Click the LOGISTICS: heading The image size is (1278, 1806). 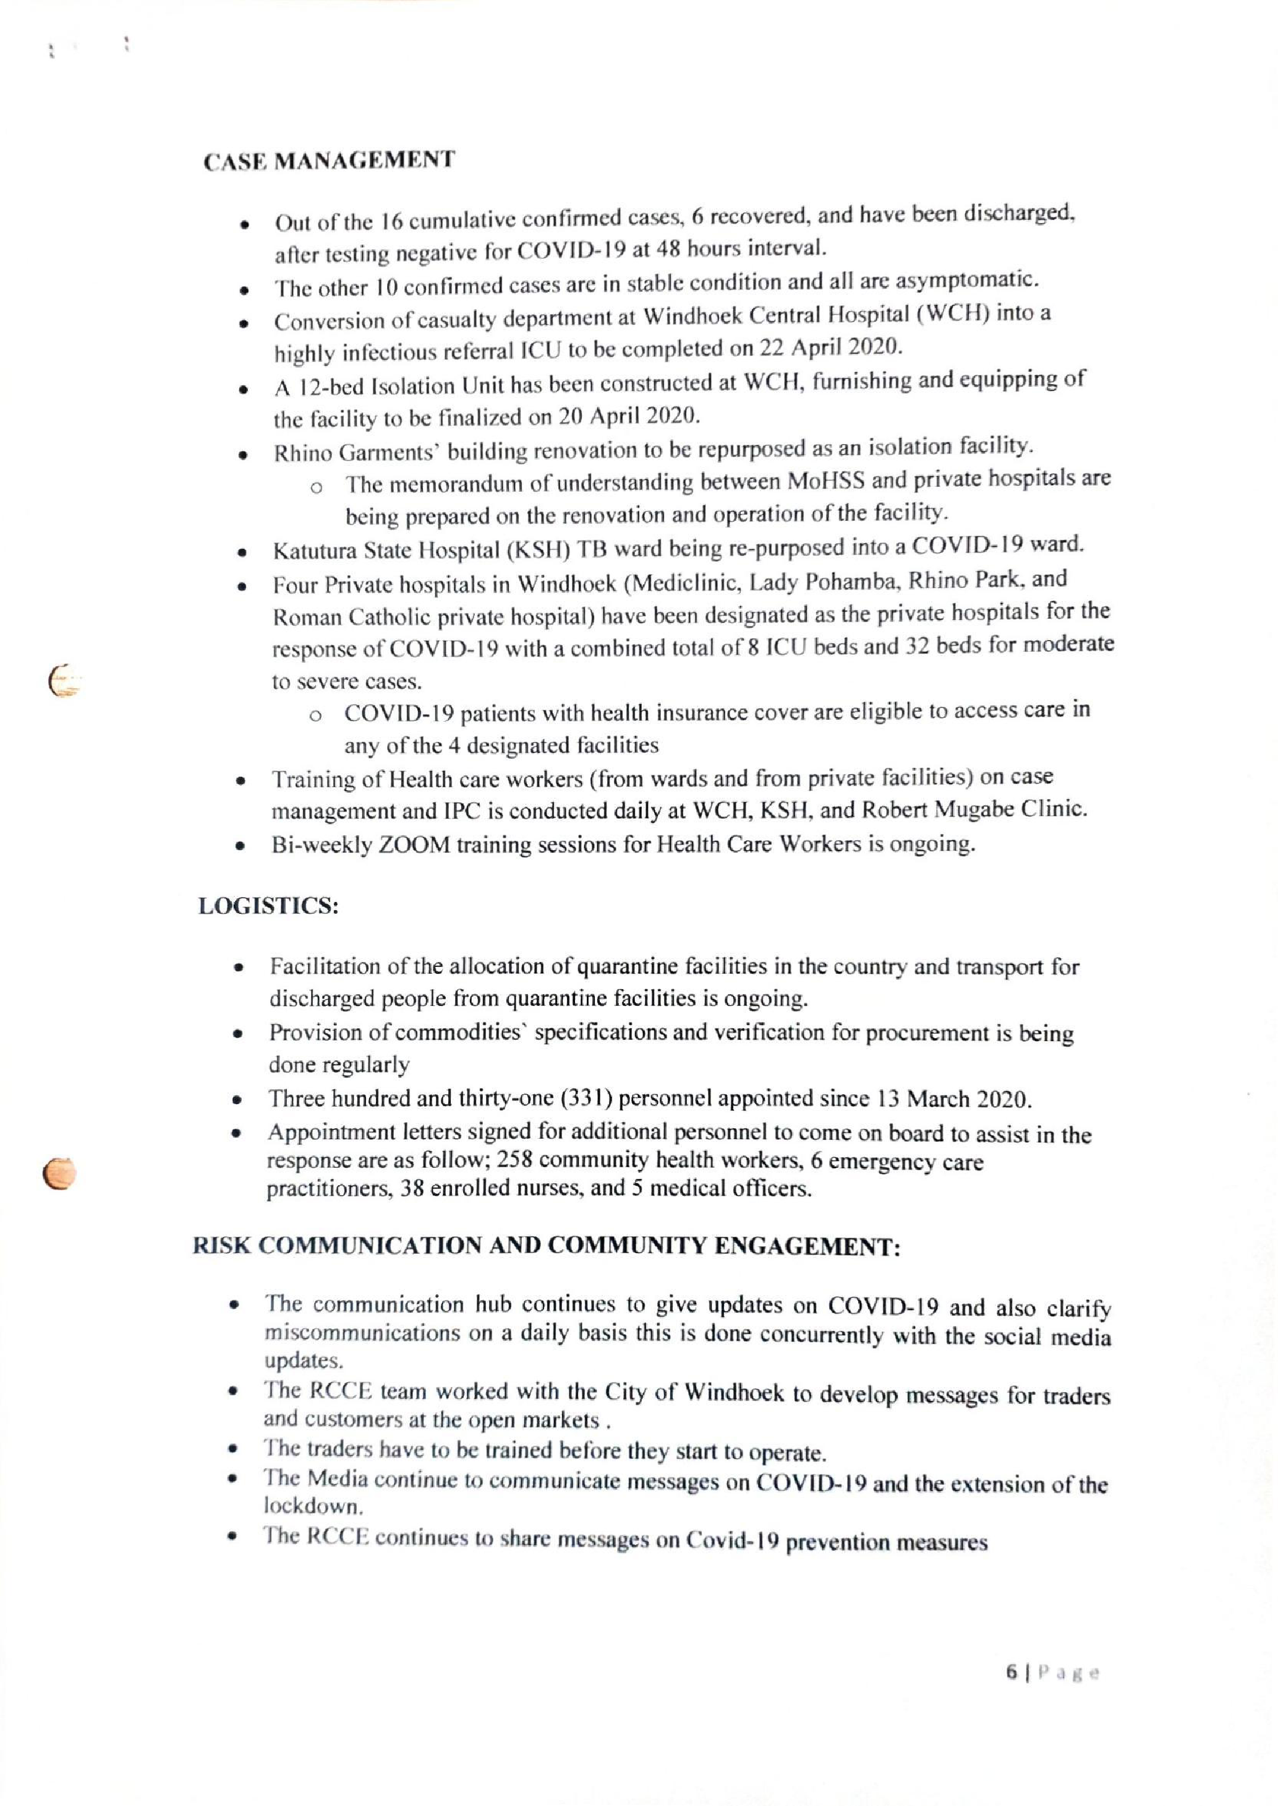click(x=268, y=906)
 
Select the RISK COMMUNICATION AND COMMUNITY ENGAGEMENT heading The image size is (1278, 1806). click(x=546, y=1246)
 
